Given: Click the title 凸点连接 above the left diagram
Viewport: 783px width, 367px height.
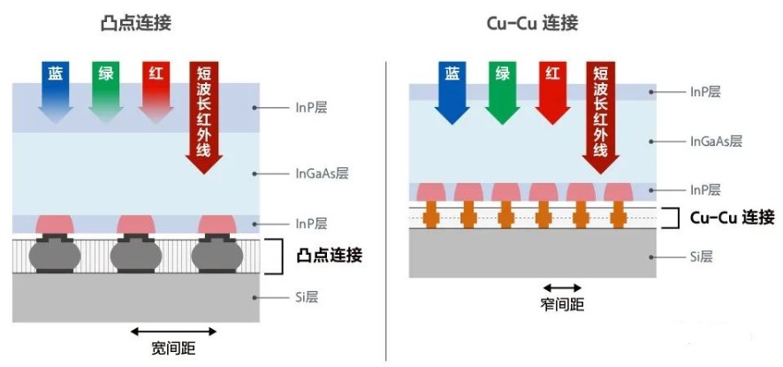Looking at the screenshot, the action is coord(136,24).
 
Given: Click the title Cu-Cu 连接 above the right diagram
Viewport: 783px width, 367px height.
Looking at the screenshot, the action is coord(532,24).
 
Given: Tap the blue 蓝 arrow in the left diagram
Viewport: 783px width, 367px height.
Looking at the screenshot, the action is coord(56,93).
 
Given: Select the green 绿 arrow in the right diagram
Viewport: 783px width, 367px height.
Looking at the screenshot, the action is coord(502,93).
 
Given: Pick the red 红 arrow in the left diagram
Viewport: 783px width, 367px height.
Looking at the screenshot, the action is coord(156,93).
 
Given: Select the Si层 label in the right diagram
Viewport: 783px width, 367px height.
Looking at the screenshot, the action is coord(701,257).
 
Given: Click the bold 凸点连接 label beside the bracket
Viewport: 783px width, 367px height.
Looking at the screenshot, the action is coord(329,256).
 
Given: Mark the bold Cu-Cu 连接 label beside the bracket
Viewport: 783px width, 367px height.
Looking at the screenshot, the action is coord(732,218).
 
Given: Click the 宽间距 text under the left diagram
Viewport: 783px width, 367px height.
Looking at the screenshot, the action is coord(173,348).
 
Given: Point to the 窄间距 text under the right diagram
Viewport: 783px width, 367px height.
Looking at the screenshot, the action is coord(562,304).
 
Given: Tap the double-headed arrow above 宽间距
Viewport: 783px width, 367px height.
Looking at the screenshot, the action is coord(173,331).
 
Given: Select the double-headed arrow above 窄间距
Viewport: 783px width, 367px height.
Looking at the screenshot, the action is coord(562,287).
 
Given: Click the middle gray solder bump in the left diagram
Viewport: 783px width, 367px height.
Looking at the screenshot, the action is coord(136,256).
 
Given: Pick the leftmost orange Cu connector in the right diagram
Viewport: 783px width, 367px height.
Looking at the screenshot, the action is coord(430,215).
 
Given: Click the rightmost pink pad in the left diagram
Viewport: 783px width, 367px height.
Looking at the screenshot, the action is coord(217,225).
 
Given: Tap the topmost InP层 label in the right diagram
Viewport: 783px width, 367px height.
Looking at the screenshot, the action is coord(705,92).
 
